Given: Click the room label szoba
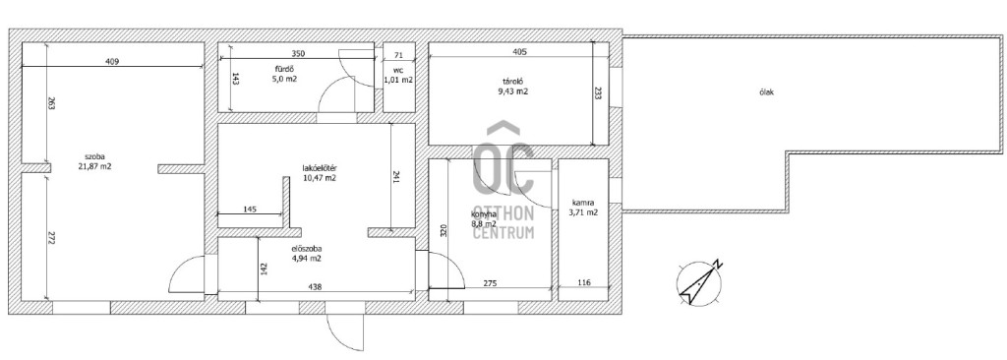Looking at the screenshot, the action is (94, 156).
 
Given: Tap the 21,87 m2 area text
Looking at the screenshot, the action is (94, 166).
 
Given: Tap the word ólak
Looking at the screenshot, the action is (765, 91).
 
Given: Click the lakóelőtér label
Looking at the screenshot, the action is (320, 168).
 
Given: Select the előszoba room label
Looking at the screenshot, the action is (307, 249).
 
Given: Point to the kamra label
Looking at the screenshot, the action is (583, 203).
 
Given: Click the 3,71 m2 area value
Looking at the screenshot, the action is (583, 212).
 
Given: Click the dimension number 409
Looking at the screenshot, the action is (112, 62).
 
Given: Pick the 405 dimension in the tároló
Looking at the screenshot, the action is (519, 52).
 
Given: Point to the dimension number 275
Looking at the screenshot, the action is (489, 283).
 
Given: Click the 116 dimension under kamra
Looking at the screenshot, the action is (583, 283).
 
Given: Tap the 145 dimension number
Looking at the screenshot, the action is (251, 209).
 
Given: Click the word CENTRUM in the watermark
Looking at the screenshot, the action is (503, 232).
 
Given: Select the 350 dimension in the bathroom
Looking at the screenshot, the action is (297, 53).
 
